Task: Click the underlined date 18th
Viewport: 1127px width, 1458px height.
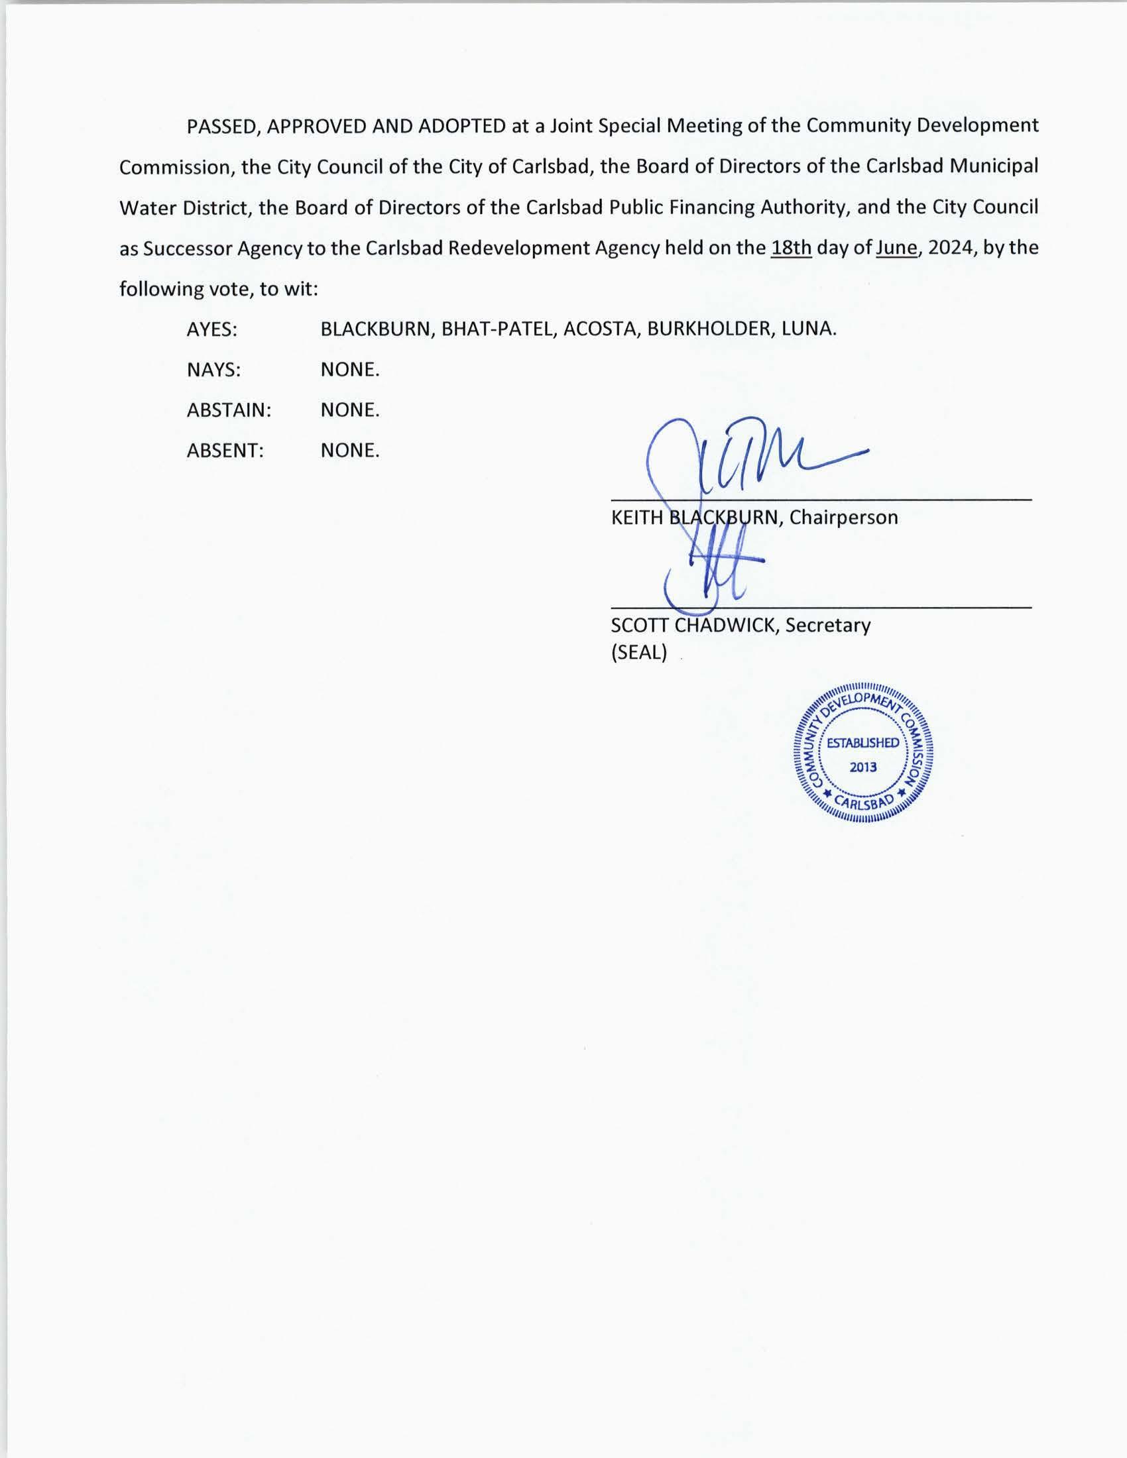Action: [791, 248]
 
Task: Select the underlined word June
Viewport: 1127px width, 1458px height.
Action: [896, 248]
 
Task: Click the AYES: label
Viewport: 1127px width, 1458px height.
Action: [211, 329]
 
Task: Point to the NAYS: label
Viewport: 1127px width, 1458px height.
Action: [213, 370]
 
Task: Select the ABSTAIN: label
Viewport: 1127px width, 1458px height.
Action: [229, 410]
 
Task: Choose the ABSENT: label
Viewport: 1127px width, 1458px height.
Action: [225, 451]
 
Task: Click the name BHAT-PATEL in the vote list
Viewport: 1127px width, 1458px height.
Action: [498, 329]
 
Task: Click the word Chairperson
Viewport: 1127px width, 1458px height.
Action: [843, 518]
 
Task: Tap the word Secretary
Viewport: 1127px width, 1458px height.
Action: [827, 626]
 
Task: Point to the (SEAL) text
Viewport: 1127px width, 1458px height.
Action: [639, 652]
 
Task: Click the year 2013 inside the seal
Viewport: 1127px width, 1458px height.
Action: [862, 767]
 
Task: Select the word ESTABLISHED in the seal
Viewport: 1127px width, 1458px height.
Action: [862, 743]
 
